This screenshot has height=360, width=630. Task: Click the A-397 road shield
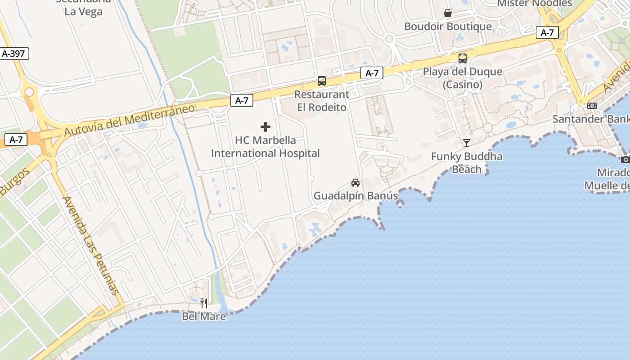(13, 54)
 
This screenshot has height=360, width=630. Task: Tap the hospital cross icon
(265, 127)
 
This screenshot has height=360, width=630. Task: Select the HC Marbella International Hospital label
(265, 147)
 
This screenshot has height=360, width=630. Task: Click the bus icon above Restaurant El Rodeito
(321, 81)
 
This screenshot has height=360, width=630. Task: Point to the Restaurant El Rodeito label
(322, 101)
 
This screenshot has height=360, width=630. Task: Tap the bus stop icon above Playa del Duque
(462, 58)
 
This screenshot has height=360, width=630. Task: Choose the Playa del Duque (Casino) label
(463, 78)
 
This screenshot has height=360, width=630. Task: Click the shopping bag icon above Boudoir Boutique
(448, 13)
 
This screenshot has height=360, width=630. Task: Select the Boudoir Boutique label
(448, 27)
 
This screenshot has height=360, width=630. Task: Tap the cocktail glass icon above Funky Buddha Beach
(466, 143)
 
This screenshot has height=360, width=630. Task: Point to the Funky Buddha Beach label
(467, 163)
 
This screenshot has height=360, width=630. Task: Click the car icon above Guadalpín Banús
(355, 182)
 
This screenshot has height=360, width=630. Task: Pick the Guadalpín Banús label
(355, 196)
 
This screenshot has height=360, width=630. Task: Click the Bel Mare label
(204, 316)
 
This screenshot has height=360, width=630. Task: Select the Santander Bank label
(590, 119)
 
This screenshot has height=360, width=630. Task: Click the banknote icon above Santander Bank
(592, 106)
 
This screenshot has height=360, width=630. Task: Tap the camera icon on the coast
(625, 159)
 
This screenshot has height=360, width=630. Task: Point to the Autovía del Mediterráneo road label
(130, 120)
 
